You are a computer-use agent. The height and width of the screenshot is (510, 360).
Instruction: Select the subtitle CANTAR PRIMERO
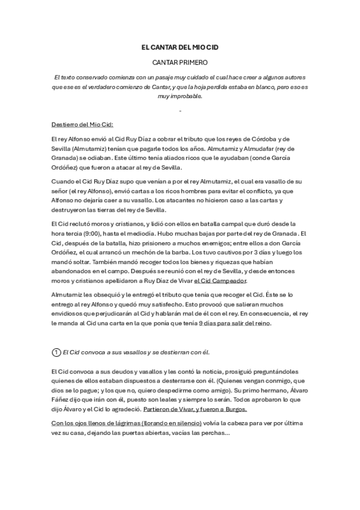pos(180,62)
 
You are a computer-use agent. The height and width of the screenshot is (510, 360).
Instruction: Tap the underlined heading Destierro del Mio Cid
pos(82,124)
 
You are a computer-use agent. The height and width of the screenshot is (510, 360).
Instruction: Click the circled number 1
pos(57,351)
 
